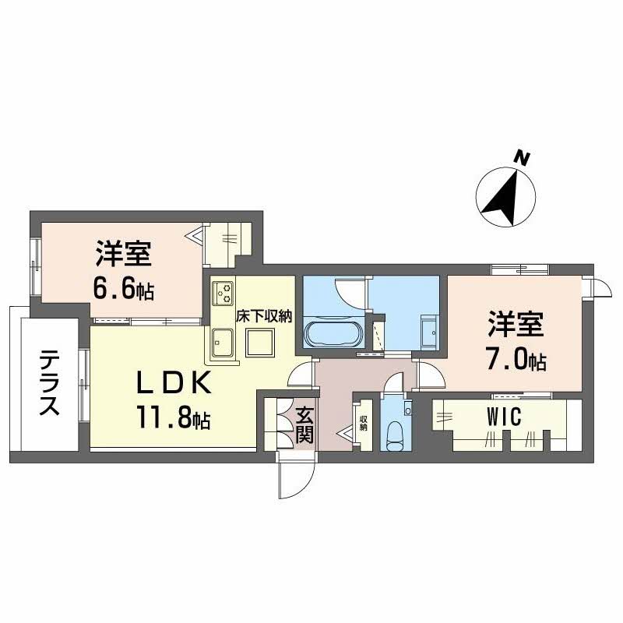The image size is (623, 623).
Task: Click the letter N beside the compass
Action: (x=523, y=159)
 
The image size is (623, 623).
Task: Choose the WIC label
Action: (x=503, y=417)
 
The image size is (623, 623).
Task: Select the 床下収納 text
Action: (x=263, y=316)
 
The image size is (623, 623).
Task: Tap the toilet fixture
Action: (x=395, y=433)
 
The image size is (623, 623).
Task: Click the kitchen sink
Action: (x=222, y=342)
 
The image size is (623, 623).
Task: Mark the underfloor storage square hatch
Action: (x=259, y=342)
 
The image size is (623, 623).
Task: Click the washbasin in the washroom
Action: (x=429, y=330)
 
